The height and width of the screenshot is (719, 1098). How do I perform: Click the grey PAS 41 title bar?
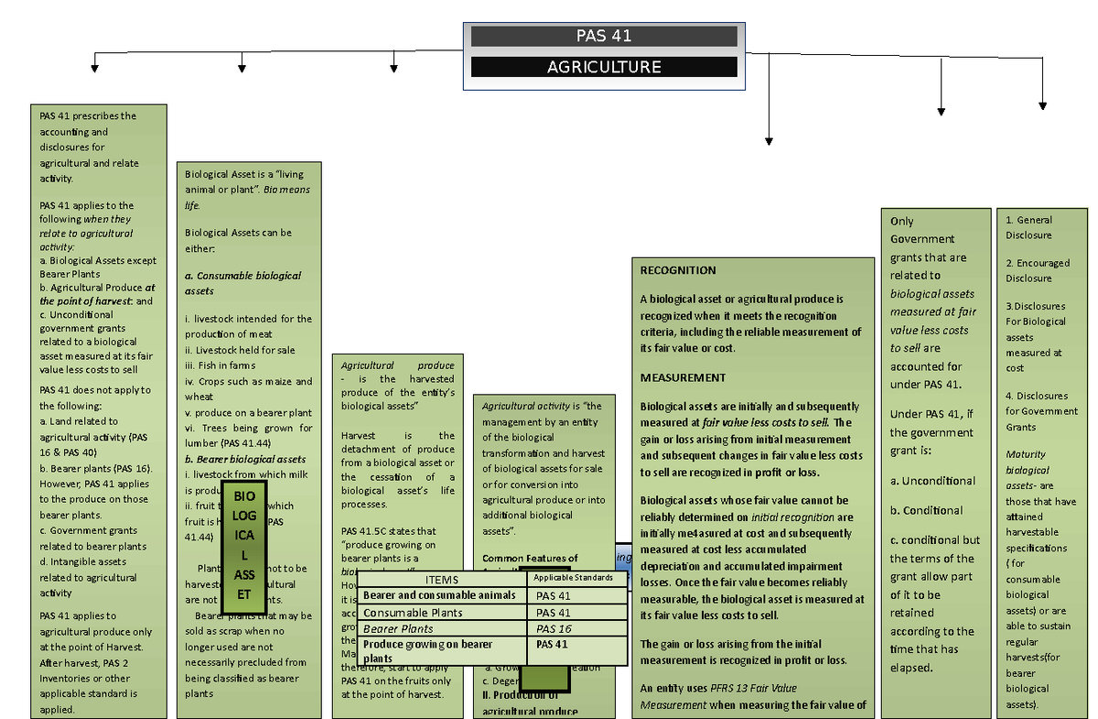pos(603,37)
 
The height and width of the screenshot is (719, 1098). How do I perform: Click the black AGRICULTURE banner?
pos(603,67)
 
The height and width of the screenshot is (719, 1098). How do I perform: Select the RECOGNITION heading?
pos(678,270)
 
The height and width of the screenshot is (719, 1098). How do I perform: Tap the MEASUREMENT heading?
pos(683,377)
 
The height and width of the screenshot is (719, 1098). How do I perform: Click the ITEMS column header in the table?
pos(441,580)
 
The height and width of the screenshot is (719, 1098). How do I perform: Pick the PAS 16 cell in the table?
pos(577,629)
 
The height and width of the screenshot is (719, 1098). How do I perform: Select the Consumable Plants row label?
pos(413,613)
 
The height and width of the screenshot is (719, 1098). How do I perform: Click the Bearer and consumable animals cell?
pos(440,596)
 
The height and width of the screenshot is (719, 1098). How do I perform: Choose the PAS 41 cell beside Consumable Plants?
pos(577,613)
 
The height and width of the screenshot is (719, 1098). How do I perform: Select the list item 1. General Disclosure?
pos(1028,227)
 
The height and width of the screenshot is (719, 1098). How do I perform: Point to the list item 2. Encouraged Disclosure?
pos(1037,270)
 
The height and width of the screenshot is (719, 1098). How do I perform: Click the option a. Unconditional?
pos(932,481)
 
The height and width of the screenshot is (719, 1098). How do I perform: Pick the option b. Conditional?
pos(926,510)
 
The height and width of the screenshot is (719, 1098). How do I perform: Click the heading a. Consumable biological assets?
pos(242,283)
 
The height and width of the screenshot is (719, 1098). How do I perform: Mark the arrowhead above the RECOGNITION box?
pos(769,140)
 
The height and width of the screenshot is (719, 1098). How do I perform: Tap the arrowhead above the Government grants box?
pos(941,111)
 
